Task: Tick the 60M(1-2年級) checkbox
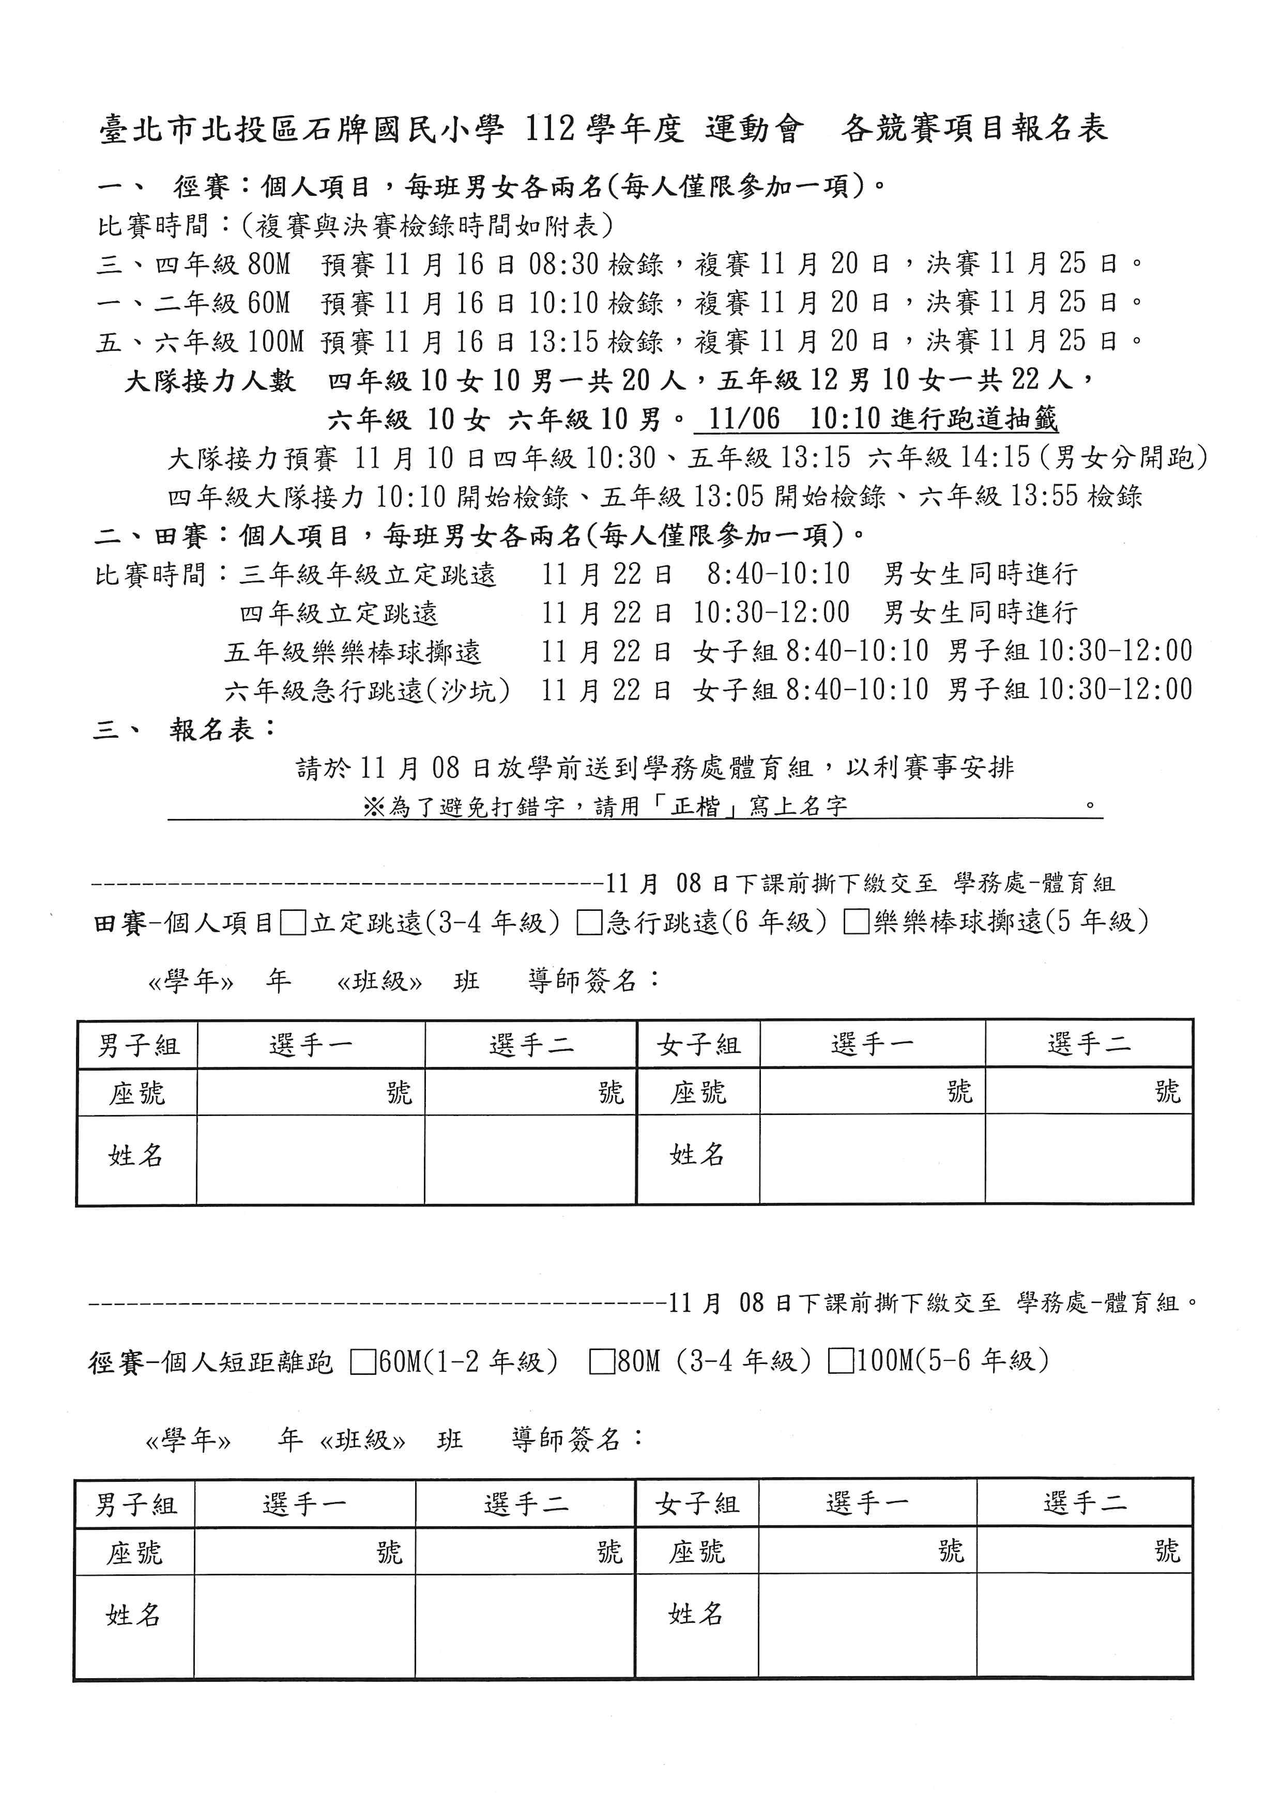coord(363,1362)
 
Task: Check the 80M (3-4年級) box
coord(602,1362)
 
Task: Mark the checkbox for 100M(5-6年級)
coord(841,1361)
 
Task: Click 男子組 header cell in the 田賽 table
coord(138,1046)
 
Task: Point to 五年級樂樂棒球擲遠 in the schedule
coord(353,653)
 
